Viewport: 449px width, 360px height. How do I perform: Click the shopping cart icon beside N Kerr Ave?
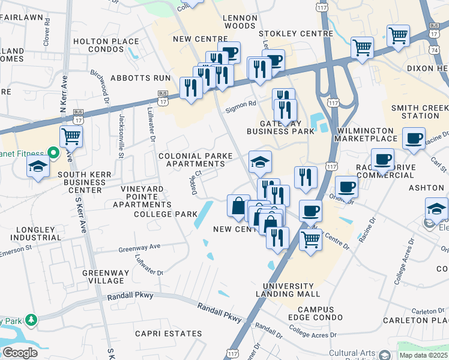(71, 137)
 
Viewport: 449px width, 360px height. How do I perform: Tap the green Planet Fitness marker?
(52, 154)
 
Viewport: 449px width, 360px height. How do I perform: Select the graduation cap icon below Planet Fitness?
(38, 166)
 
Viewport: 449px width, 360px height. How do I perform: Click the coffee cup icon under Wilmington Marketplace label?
(382, 160)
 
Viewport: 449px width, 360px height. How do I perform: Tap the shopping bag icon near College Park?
(238, 206)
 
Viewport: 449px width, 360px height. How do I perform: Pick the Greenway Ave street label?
(139, 247)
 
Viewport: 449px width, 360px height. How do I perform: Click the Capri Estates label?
(168, 334)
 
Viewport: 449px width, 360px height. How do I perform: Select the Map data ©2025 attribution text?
(423, 355)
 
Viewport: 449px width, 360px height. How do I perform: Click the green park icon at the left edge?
(30, 320)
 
